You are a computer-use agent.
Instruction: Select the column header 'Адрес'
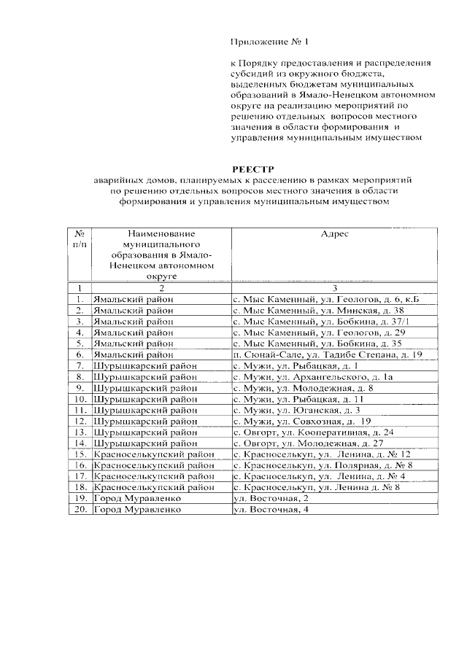tap(335, 234)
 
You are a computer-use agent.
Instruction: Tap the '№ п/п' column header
tap(80, 240)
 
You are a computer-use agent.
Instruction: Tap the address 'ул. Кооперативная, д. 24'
tap(313, 432)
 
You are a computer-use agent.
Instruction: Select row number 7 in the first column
tap(80, 365)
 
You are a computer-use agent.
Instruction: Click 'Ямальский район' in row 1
tap(134, 298)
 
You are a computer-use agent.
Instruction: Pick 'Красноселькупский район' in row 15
tap(154, 454)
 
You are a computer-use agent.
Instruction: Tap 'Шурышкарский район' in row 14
tap(145, 443)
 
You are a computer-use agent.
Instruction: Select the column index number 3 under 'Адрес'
tap(335, 288)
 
